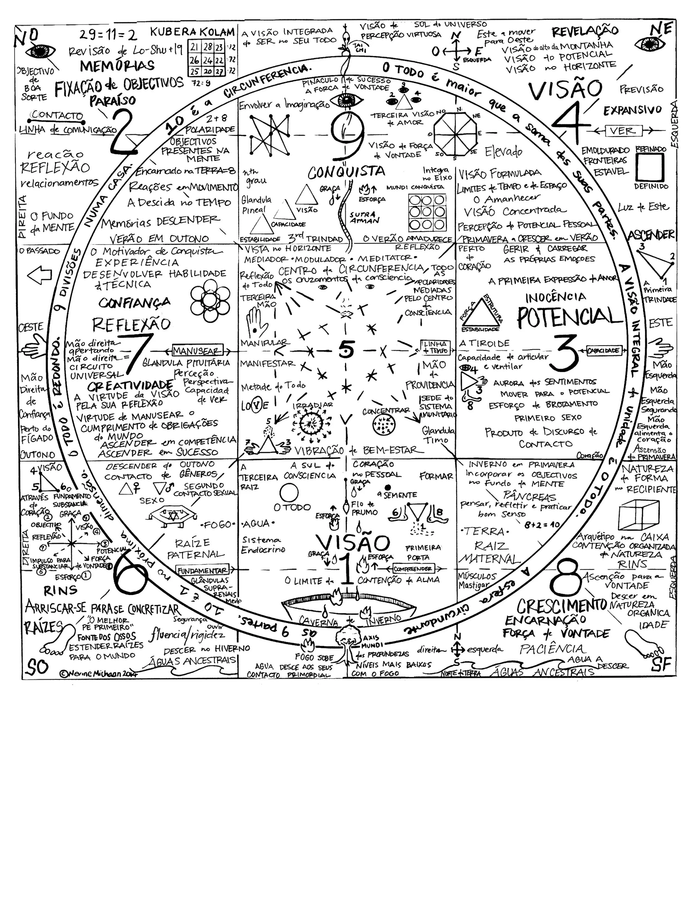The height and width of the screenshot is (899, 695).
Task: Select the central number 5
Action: (x=346, y=350)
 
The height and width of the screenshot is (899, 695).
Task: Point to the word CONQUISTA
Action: (x=347, y=172)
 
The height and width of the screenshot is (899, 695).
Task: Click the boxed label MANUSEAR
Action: (x=197, y=351)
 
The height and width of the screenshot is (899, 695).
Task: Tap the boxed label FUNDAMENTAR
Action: (x=202, y=571)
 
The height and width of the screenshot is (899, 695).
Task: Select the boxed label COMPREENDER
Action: (x=413, y=569)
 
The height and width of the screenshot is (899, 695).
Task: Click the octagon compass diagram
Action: (x=455, y=133)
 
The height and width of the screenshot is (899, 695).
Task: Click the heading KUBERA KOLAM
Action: (x=192, y=32)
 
